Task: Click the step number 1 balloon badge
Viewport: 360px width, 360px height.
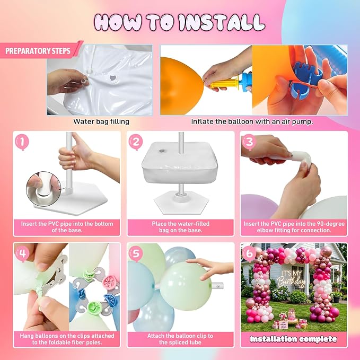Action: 22,142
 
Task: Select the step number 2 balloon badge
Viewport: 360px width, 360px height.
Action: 136,142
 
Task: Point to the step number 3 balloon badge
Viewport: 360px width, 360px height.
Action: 249,142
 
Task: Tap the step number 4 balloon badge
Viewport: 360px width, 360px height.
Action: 22,254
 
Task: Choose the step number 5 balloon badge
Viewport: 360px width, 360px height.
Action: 136,254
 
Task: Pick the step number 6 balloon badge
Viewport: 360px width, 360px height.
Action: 249,254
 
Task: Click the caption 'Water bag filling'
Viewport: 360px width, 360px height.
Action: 101,121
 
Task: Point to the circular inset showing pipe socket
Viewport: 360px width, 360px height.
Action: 41,189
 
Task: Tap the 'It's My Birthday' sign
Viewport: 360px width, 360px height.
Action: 292,279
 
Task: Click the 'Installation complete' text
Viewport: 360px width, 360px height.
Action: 293,339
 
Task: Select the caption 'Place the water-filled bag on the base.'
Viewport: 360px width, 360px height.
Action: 181,227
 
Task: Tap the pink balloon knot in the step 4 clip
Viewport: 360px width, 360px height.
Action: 110,281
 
